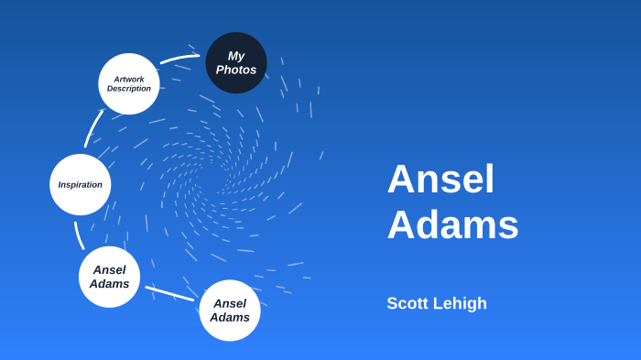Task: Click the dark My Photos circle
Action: point(236,62)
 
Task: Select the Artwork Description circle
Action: point(129,83)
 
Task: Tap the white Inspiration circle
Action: point(81,184)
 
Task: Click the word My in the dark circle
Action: point(236,56)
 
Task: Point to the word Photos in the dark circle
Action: point(236,70)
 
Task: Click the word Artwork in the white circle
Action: point(129,79)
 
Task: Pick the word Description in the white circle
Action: point(129,89)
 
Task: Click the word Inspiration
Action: point(81,185)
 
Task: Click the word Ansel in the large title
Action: point(440,179)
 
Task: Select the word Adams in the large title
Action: point(452,224)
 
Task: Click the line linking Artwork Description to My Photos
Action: point(179,59)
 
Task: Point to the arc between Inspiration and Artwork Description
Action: point(92,128)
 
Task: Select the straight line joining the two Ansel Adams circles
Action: point(169,293)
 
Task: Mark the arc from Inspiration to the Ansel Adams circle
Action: point(79,235)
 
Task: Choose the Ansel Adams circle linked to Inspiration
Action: point(109,277)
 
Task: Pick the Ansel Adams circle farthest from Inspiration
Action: point(230,311)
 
